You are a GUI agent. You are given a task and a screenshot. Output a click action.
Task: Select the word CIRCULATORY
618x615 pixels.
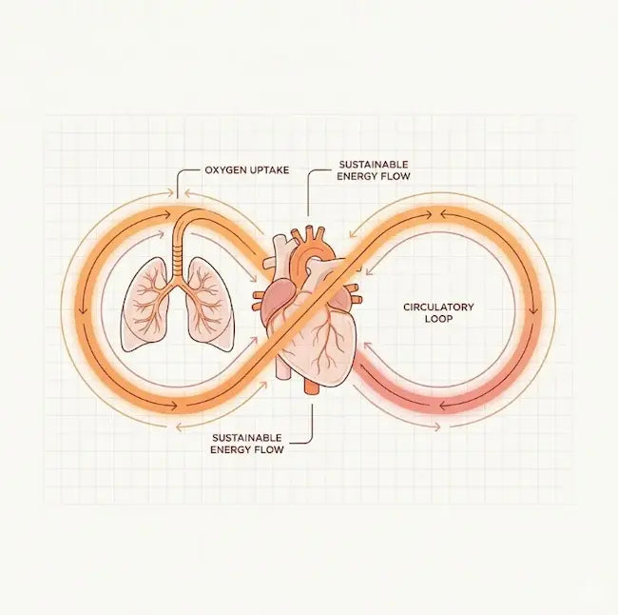click(x=438, y=307)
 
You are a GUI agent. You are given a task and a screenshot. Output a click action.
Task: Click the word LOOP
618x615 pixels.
click(x=438, y=321)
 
